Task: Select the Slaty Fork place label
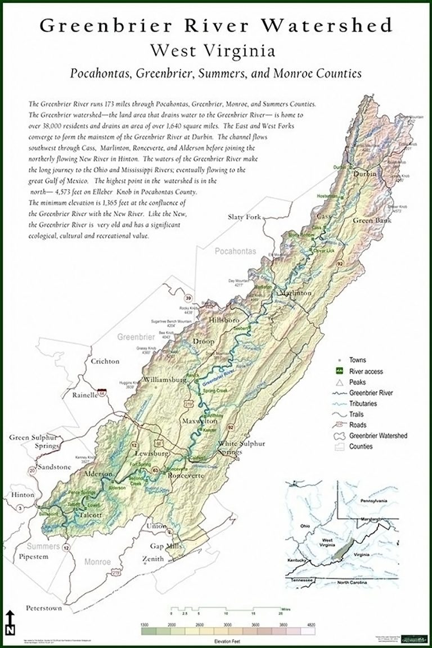[x=244, y=217]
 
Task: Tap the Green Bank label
[x=371, y=220]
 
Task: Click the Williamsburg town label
[x=165, y=380]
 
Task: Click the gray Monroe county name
[x=98, y=561]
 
